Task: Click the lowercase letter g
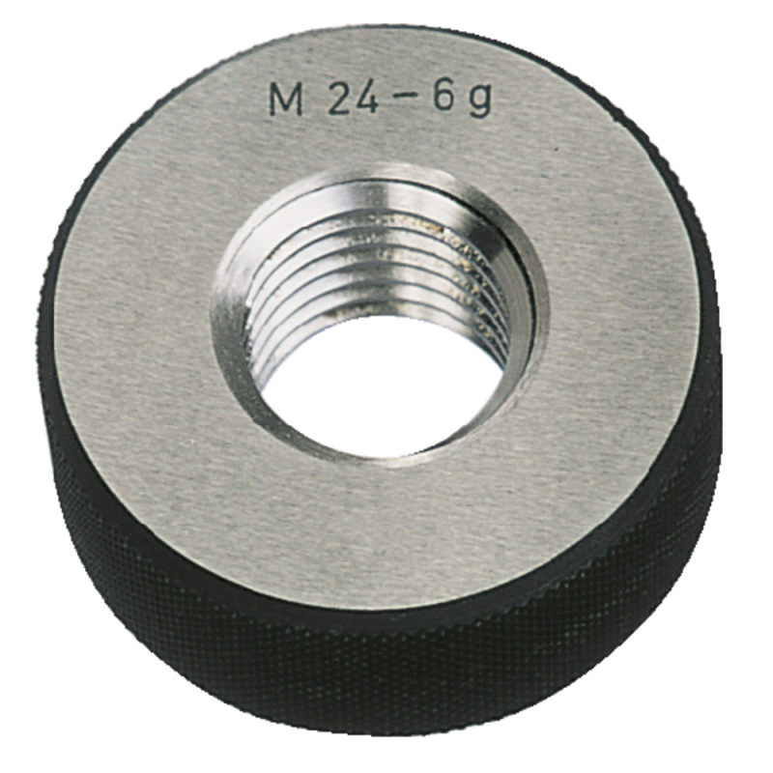479,102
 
